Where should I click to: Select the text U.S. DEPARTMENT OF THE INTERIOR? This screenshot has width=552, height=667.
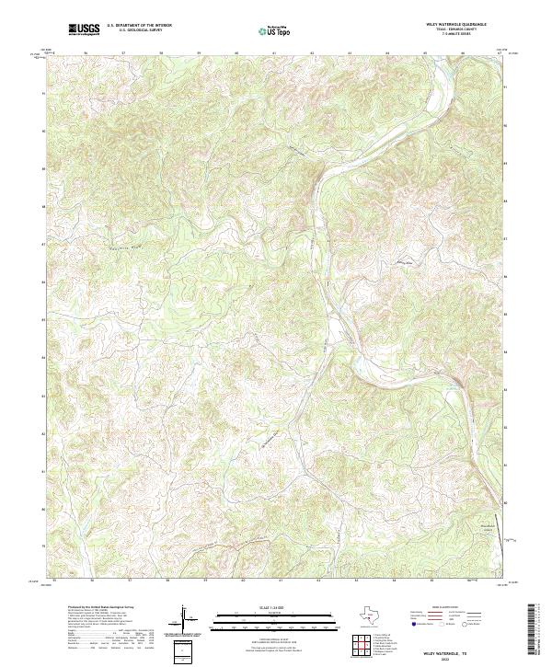pyautogui.click(x=139, y=27)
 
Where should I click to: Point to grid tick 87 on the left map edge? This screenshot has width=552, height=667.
pyautogui.click(x=43, y=245)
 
